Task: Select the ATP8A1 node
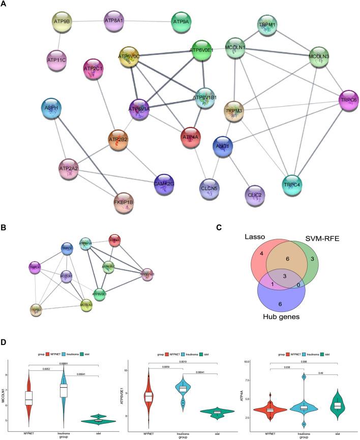pos(115,22)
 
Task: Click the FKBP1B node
pos(126,203)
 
